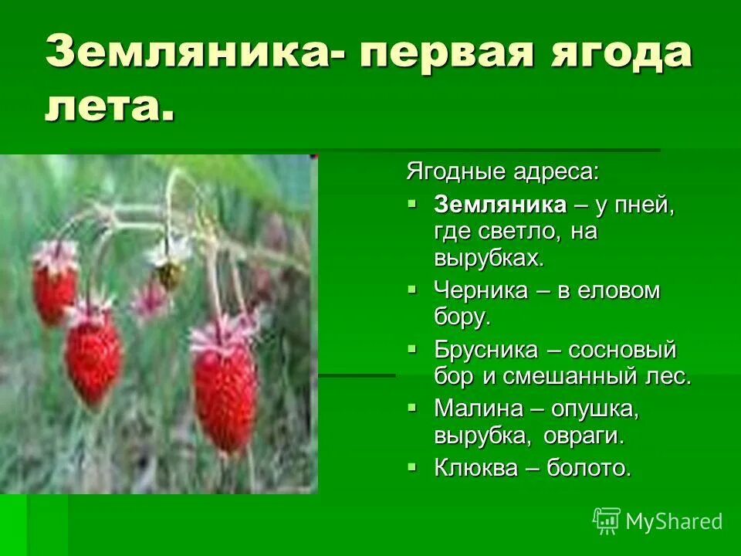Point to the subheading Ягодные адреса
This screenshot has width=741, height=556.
point(502,171)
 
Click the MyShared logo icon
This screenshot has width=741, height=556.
point(607,520)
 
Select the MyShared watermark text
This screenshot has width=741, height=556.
point(674,521)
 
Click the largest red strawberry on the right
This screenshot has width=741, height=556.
point(224,394)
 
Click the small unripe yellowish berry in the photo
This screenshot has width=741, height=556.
point(171,273)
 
